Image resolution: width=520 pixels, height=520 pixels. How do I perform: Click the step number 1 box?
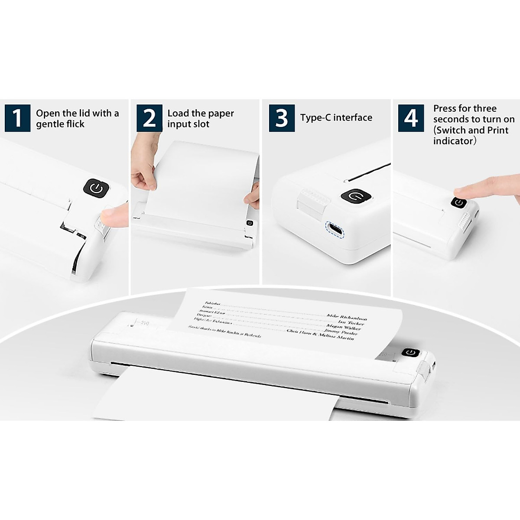[x=17, y=118]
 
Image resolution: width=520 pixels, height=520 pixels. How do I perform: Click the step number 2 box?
[x=149, y=118]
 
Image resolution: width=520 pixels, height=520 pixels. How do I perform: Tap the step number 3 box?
[x=282, y=118]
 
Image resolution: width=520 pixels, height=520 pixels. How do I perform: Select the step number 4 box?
[x=411, y=118]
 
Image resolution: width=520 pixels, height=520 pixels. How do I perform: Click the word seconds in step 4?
[x=451, y=119]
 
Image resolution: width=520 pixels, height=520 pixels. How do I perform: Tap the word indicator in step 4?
[x=453, y=141]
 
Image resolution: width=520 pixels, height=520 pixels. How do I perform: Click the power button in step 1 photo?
[x=96, y=188]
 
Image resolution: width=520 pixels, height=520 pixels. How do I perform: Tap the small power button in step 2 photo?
[x=250, y=223]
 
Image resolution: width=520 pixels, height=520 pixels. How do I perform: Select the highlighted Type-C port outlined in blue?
[x=335, y=228]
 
